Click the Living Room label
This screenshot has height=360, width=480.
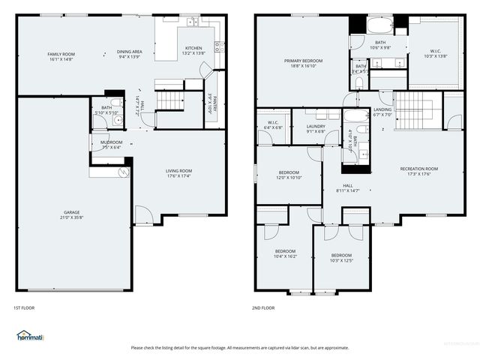tap(178, 171)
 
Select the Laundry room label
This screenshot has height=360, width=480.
tap(316, 127)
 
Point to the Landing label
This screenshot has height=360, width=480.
tap(382, 109)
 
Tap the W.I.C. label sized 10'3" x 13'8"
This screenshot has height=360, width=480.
tap(436, 52)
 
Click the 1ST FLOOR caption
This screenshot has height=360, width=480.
tap(24, 307)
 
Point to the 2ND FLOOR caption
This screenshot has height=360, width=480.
tap(263, 307)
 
